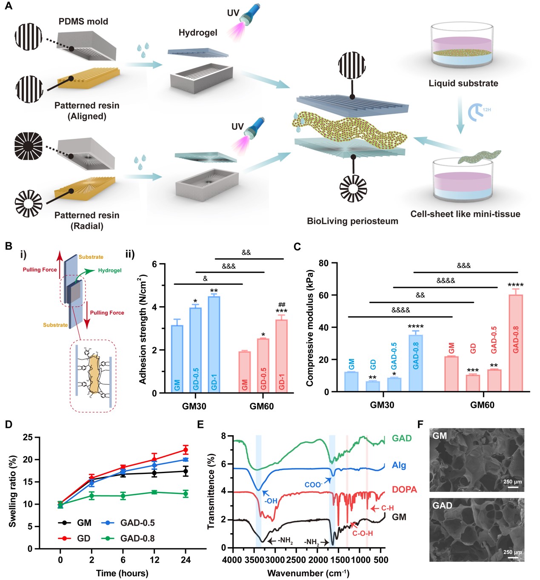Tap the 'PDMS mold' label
(83, 21)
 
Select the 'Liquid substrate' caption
(463, 83)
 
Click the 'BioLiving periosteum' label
(352, 221)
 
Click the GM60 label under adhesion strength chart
(261, 406)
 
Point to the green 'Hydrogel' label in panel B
(109, 270)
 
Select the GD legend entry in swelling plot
(83, 538)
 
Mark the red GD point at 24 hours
(186, 450)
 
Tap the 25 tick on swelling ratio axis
(28, 437)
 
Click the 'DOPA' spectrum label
(404, 490)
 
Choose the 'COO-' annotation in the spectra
(313, 485)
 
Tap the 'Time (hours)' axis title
(122, 573)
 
